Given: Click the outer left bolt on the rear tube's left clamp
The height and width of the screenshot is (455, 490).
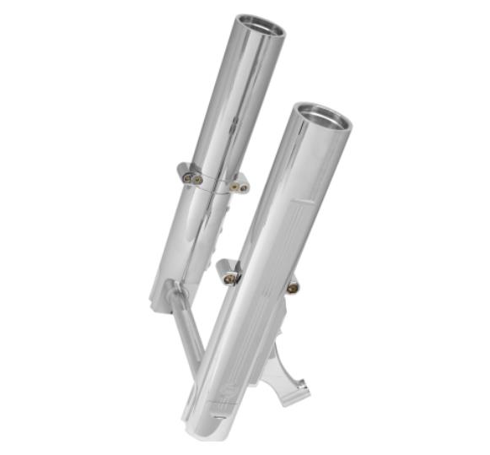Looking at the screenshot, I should [187, 177].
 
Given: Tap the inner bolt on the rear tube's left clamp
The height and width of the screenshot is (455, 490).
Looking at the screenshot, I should [198, 179].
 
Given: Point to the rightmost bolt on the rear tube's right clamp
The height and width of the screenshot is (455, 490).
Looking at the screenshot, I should [244, 187].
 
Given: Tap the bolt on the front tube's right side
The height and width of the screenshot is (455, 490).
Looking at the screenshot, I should [292, 288].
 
